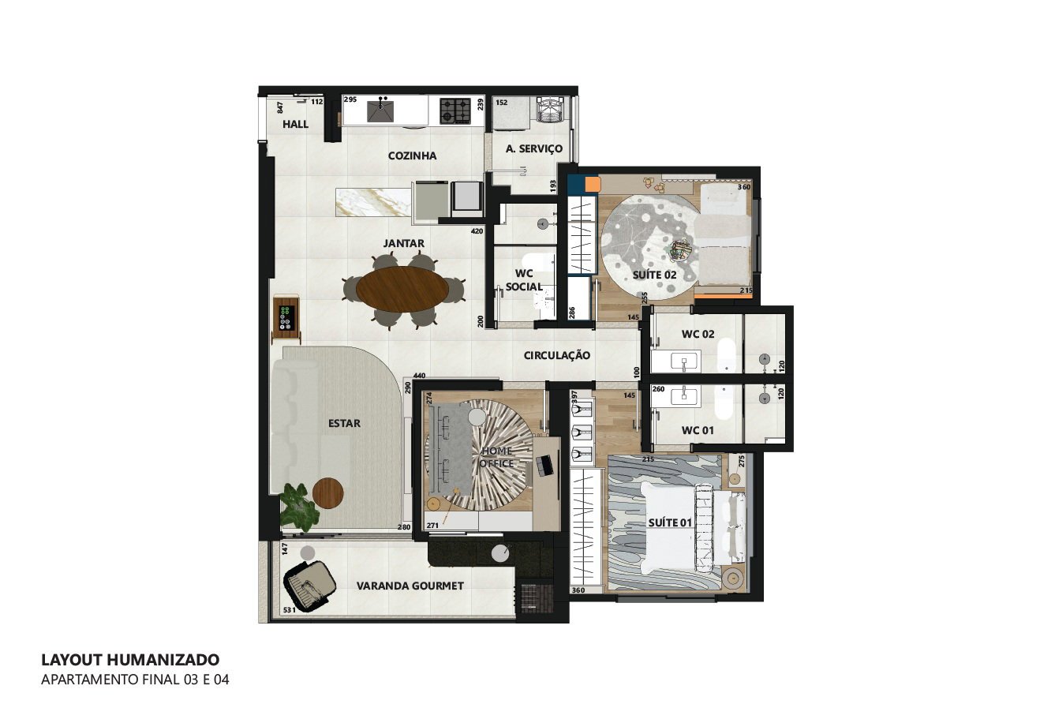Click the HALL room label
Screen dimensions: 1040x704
tap(295, 124)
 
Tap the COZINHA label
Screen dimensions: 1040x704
tap(412, 155)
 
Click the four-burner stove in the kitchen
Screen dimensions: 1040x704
tap(455, 111)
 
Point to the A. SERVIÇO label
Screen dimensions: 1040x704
tap(534, 148)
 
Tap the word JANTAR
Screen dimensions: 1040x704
tap(404, 243)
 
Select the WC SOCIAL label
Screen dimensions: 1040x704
tap(524, 280)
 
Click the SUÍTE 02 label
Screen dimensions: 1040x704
tap(655, 275)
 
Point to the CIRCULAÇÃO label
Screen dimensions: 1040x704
tap(557, 355)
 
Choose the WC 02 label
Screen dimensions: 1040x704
tap(698, 334)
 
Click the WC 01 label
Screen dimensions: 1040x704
tap(698, 430)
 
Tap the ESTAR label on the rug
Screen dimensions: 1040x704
tap(344, 424)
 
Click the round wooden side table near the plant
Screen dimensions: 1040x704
tap(327, 493)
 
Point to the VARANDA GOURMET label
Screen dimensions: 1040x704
tap(410, 586)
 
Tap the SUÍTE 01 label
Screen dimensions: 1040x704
tap(670, 523)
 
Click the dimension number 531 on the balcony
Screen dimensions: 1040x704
tap(290, 610)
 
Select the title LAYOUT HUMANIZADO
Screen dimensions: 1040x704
tap(130, 660)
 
